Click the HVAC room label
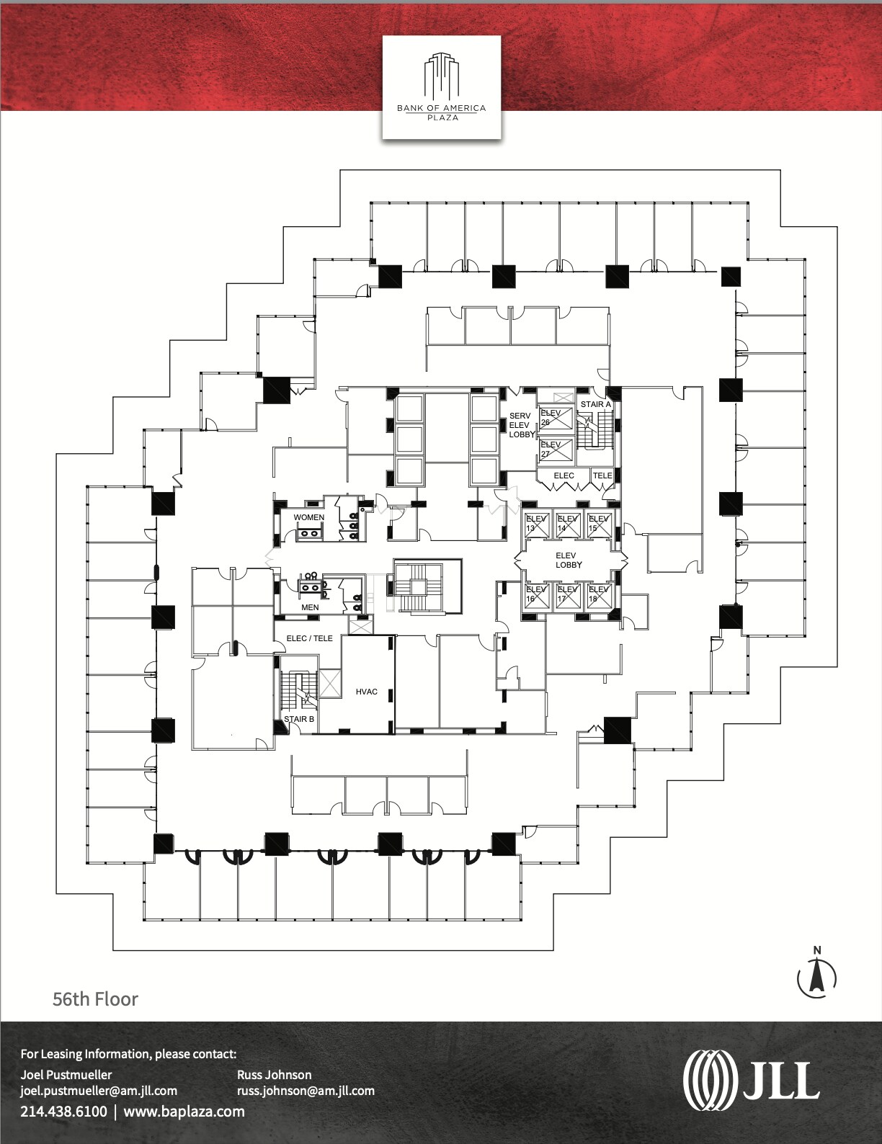366,692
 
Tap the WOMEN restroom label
308,517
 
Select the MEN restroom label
310,607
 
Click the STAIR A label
595,404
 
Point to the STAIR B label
298,719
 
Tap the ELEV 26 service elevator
556,419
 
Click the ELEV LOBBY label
568,560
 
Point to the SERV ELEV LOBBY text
521,425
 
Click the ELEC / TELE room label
309,638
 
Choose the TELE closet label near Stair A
602,475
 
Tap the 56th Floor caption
95,999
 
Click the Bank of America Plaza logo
441,87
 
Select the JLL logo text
752,1081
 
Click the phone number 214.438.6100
63,1111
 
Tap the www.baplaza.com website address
184,1111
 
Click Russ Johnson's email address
306,1091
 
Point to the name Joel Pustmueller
66,1074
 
